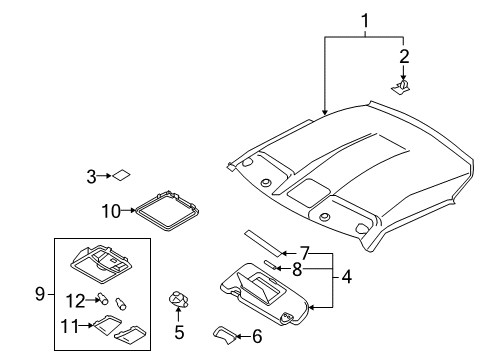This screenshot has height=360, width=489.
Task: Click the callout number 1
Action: tap(365, 21)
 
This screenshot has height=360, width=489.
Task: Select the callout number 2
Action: tap(404, 56)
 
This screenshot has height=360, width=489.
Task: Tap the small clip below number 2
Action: tap(401, 86)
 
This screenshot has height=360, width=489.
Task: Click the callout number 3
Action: tap(91, 176)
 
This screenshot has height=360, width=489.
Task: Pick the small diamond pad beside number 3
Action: tap(121, 175)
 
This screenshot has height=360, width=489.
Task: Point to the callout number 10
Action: tap(111, 211)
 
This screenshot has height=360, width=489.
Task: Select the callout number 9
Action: tap(40, 294)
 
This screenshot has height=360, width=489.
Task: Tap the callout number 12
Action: tap(75, 301)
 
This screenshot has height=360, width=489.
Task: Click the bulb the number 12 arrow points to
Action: tap(103, 298)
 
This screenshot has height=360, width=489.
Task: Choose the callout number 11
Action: tap(70, 326)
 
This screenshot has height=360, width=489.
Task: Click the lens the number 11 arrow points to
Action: tap(107, 323)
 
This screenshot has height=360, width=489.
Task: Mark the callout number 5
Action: tap(179, 332)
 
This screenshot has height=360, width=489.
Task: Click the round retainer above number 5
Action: tap(179, 299)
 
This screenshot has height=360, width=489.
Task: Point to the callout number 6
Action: tap(257, 336)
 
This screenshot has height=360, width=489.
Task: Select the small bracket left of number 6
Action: tap(225, 335)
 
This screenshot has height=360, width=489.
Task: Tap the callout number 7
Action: tap(305, 253)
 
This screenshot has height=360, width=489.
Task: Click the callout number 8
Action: tap(297, 269)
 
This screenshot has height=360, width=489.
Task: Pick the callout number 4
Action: tap(347, 277)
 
